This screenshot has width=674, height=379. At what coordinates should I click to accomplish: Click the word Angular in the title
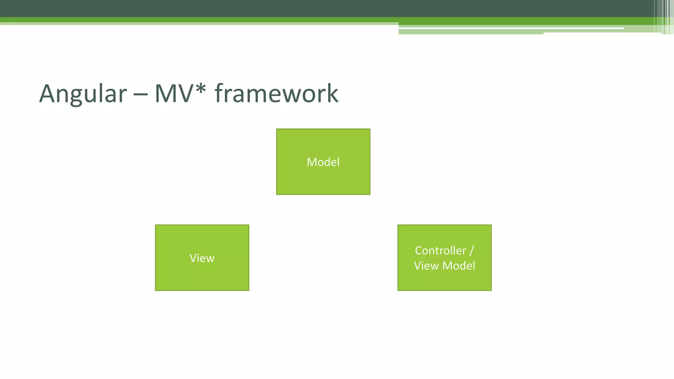tap(83, 94)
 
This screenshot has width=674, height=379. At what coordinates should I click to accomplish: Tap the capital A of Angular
tap(48, 94)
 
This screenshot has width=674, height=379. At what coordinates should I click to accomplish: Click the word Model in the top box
tap(323, 162)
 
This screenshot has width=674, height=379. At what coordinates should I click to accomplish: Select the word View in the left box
tap(202, 258)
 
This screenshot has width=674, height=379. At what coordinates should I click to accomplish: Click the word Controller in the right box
tap(440, 251)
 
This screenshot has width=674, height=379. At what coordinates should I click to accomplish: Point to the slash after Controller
tap(472, 251)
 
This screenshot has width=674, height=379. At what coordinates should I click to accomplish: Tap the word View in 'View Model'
tap(426, 266)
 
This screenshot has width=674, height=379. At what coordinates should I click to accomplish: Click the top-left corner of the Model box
tap(277, 129)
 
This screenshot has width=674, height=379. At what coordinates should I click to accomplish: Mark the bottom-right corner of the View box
tap(248, 290)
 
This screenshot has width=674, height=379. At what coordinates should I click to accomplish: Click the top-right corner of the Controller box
tap(491, 225)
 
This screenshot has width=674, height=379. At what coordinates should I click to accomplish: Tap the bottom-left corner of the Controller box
tap(398, 290)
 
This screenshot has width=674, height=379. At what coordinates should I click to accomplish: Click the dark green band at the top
tap(296, 8)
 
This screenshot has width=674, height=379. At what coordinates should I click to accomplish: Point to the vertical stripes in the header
tap(665, 16)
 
